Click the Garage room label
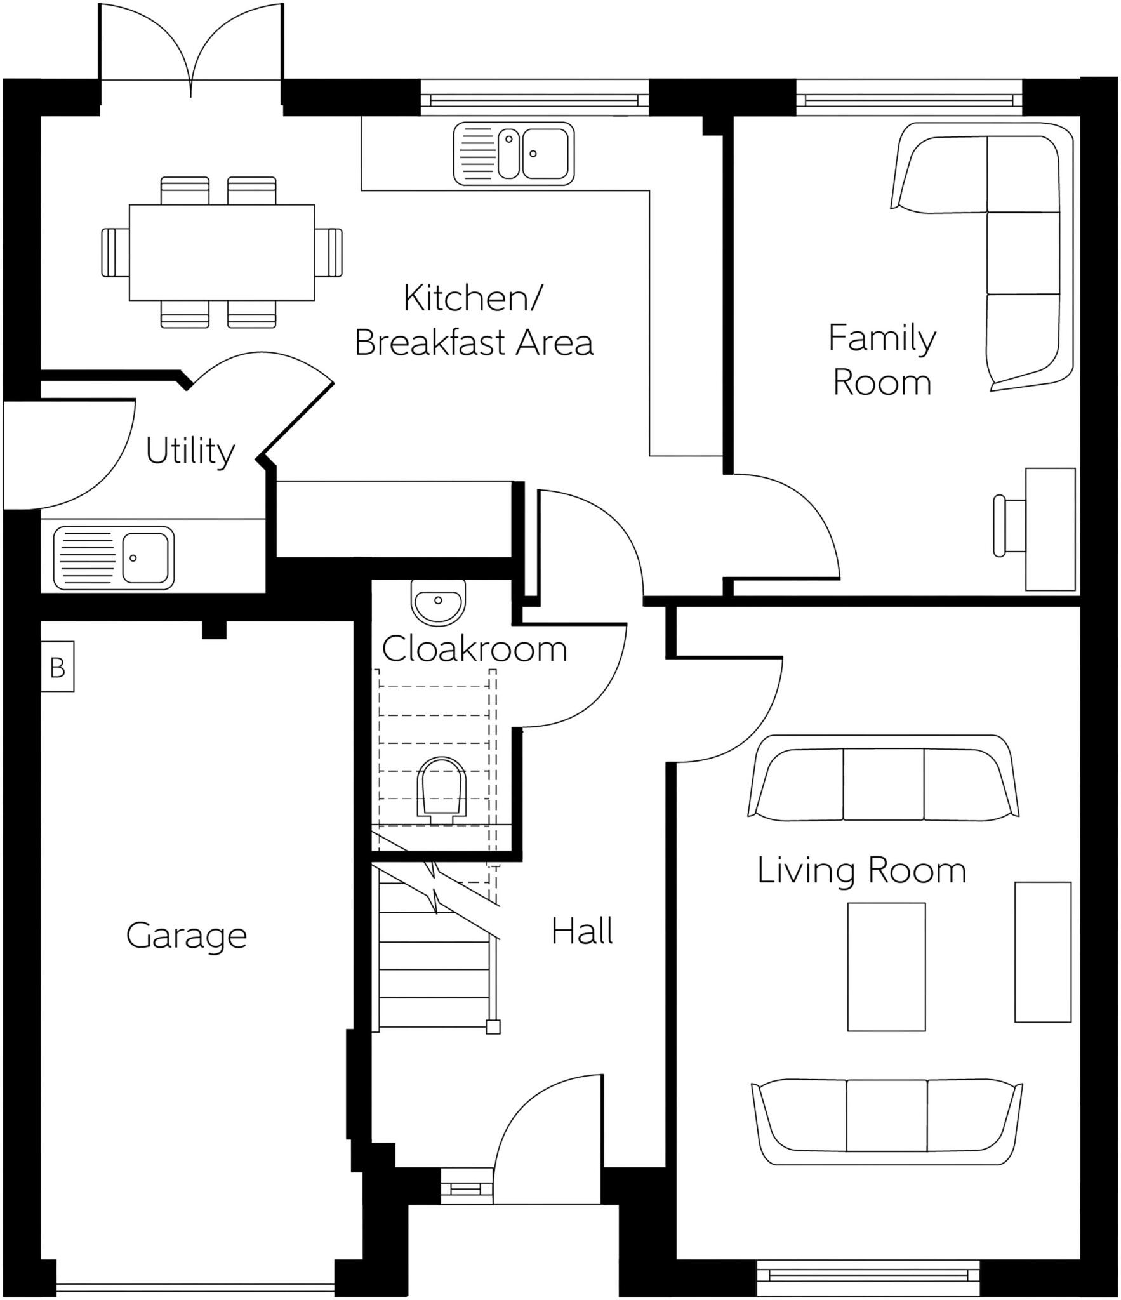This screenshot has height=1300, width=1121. (x=186, y=936)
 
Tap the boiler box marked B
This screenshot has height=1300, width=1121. (x=57, y=667)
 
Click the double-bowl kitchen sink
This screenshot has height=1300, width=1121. (x=514, y=154)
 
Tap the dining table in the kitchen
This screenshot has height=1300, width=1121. (x=222, y=252)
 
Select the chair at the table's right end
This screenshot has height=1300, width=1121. (x=329, y=253)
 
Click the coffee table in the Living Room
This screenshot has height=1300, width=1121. (x=886, y=966)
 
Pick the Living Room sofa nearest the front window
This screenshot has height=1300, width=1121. (x=886, y=1124)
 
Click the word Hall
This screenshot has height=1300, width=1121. (x=581, y=932)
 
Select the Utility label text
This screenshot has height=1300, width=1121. (x=190, y=451)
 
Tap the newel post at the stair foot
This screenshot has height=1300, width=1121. (x=493, y=1027)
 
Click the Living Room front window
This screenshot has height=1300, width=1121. (x=868, y=1276)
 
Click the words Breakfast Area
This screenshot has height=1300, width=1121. (x=474, y=343)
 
